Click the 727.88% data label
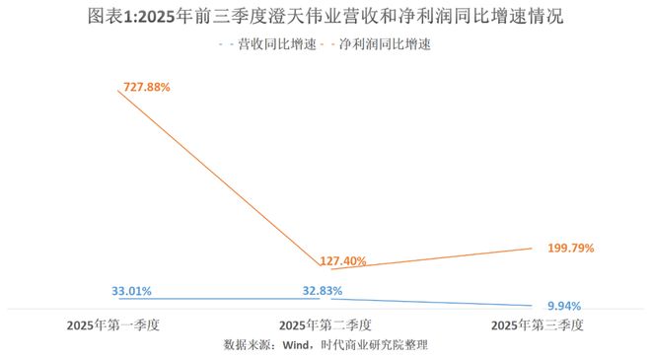click(x=146, y=87)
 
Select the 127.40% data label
click(x=343, y=261)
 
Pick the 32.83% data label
click(x=321, y=291)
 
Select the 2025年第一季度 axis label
click(x=113, y=324)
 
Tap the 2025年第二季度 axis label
click(x=325, y=324)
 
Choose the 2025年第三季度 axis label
click(x=539, y=324)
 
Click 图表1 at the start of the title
click(x=108, y=17)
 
